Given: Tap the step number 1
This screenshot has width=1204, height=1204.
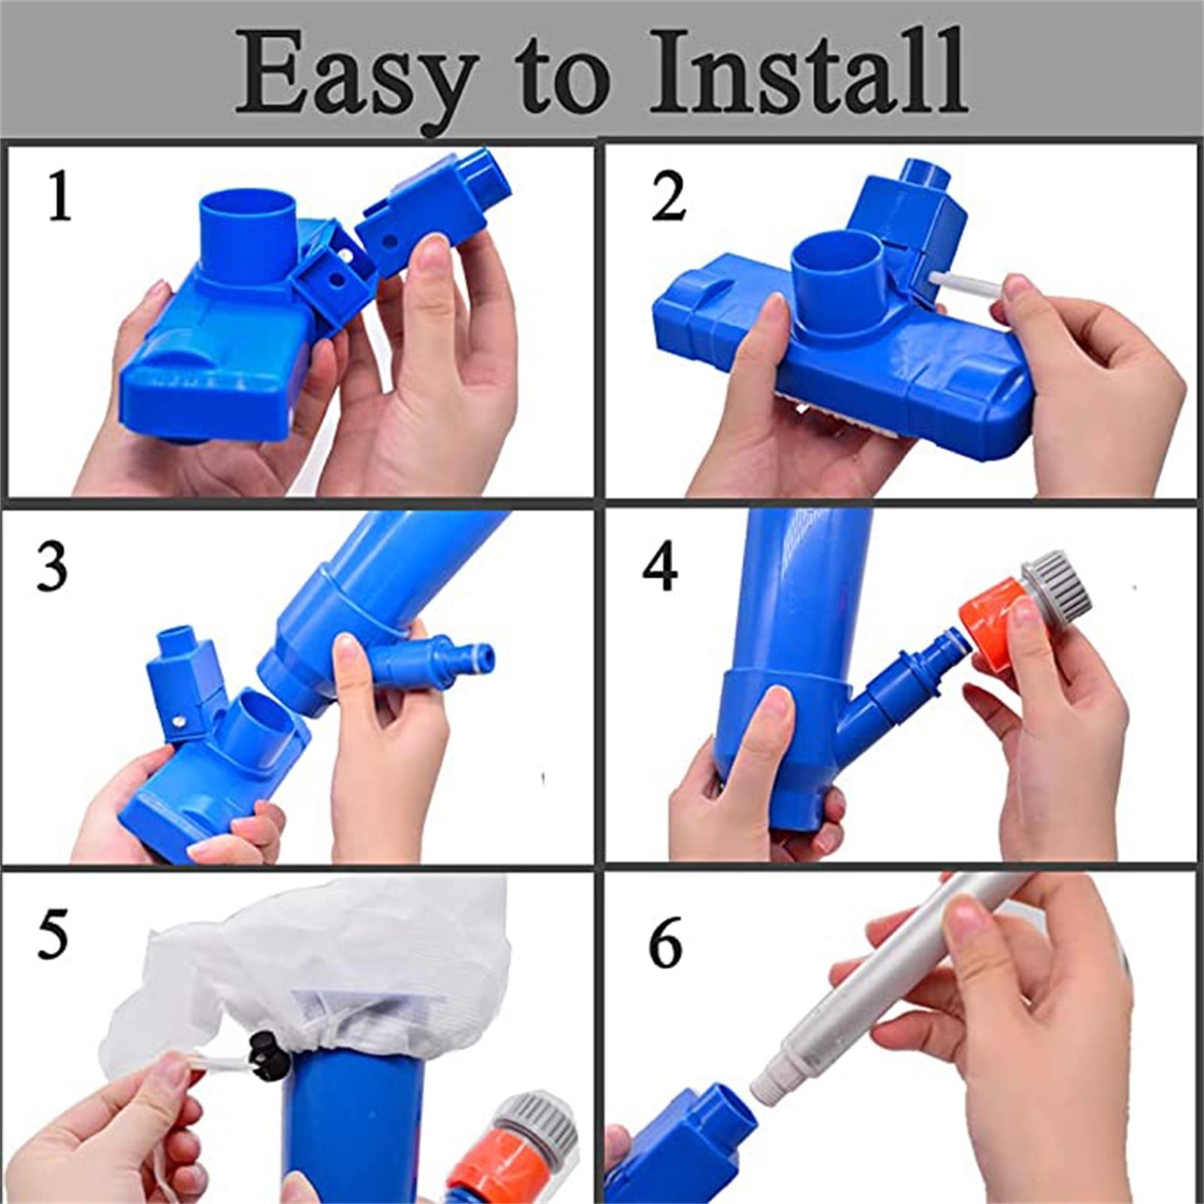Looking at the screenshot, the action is coord(59,196).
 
